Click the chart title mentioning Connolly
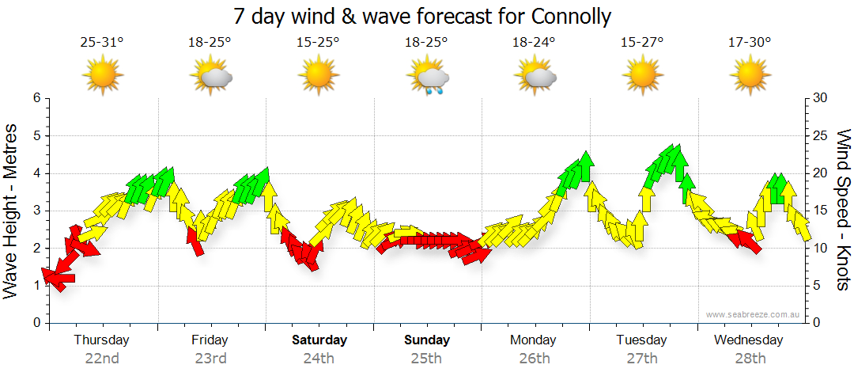[x=423, y=16]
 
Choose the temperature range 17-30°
[x=750, y=42]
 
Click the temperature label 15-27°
[x=641, y=42]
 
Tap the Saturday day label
[x=319, y=340]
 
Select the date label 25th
[x=426, y=359]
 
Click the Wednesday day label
[x=748, y=340]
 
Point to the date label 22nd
[x=101, y=359]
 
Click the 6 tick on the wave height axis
[x=36, y=98]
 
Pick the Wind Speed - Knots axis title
[x=843, y=210]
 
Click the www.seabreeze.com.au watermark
[x=754, y=314]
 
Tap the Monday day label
[x=534, y=340]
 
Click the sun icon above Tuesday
[x=641, y=76]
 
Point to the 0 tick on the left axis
[x=36, y=323]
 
